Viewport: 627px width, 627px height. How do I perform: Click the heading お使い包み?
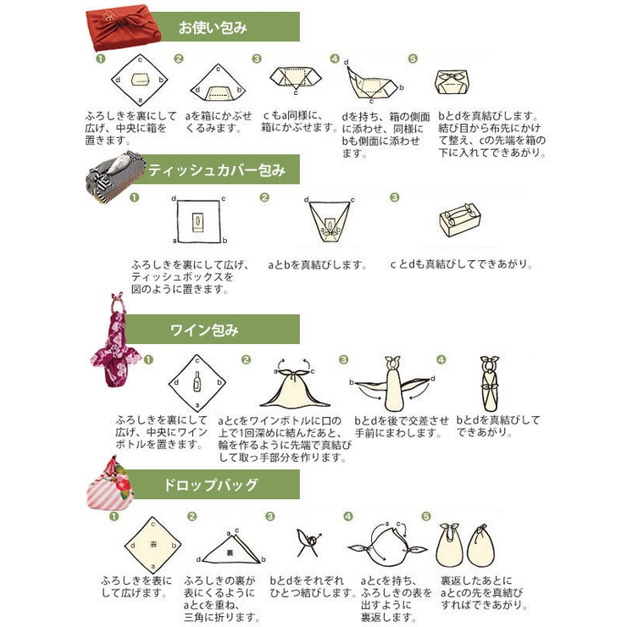212,27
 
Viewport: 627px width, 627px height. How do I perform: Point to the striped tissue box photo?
114,173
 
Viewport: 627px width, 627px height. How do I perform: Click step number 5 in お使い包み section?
413,59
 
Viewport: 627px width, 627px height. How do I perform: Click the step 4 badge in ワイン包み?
441,359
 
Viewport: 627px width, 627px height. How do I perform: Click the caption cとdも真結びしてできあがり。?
462,264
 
